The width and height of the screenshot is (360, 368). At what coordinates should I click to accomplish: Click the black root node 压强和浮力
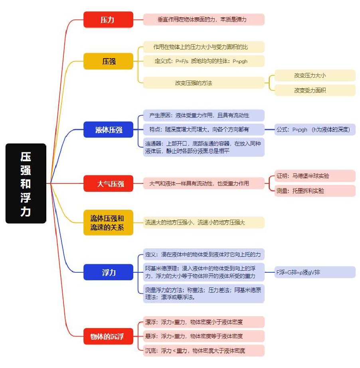[26, 183]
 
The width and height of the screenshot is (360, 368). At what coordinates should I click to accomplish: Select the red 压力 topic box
[108, 20]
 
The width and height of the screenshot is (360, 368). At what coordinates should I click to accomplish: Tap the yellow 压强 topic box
[108, 61]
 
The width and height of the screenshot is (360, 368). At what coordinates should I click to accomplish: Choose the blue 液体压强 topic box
[108, 130]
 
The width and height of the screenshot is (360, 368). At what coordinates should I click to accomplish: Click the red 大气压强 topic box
[108, 183]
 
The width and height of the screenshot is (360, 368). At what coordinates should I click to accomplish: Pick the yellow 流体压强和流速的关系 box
[108, 222]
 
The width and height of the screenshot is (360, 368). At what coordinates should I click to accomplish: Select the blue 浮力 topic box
[108, 272]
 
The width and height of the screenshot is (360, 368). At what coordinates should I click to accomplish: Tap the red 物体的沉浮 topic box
[108, 337]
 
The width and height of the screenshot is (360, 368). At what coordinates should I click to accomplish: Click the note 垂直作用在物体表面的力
[204, 20]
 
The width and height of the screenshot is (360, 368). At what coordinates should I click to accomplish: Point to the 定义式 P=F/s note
[204, 61]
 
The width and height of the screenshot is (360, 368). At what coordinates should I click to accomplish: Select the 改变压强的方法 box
[204, 83]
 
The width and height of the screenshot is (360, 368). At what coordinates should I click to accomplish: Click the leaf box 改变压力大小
[315, 75]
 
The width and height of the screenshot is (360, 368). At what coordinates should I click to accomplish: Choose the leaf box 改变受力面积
[315, 91]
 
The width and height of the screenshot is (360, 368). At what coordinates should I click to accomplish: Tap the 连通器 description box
[204, 147]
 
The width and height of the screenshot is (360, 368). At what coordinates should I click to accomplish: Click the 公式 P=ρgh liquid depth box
[315, 130]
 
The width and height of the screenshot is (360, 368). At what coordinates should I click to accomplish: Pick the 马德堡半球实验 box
[315, 176]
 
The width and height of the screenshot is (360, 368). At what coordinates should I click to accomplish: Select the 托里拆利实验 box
[315, 191]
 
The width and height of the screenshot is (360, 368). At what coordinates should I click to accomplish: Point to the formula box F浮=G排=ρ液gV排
[315, 272]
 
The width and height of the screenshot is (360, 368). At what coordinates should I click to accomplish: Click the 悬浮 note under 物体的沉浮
[204, 337]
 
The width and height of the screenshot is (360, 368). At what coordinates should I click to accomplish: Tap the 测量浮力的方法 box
[204, 293]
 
